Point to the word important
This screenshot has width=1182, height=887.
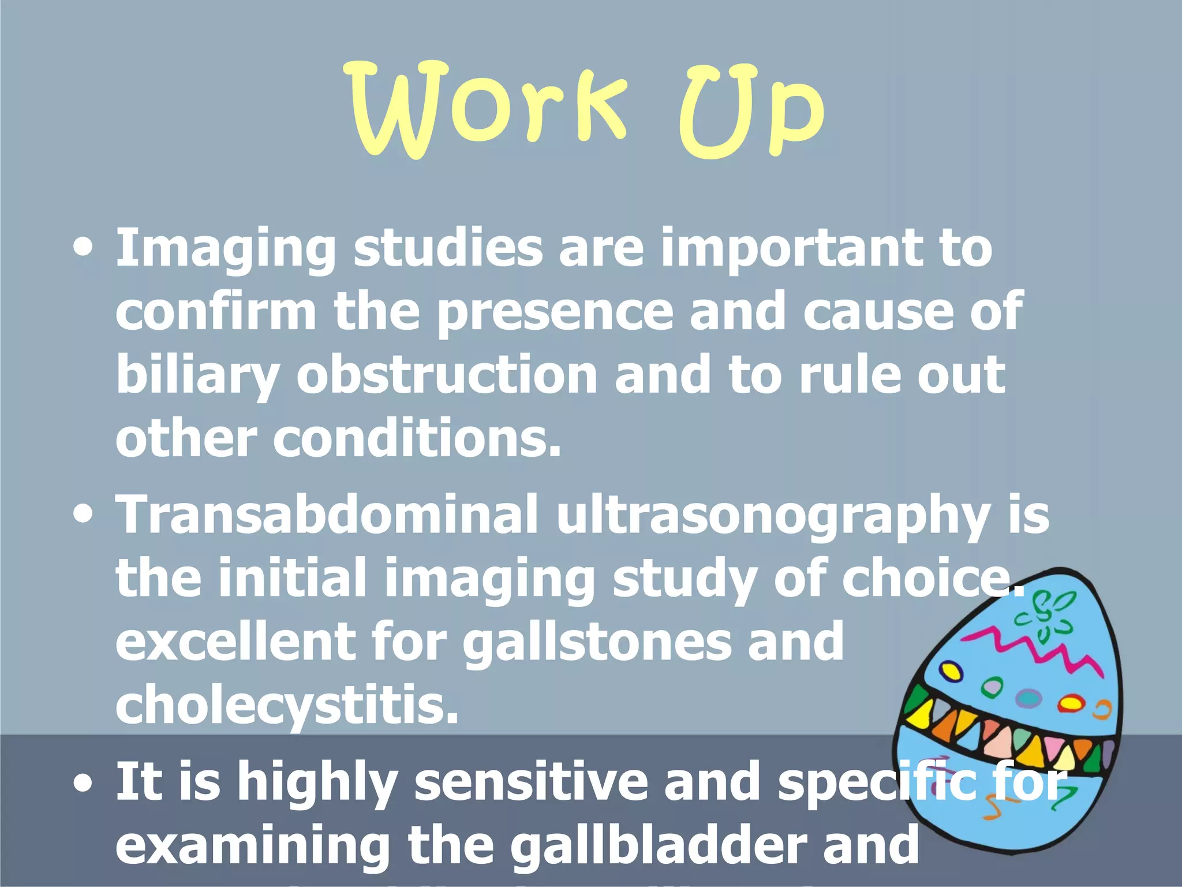pos(791,249)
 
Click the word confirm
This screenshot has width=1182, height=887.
pos(216,312)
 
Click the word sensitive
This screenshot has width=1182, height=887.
pos(532,782)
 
